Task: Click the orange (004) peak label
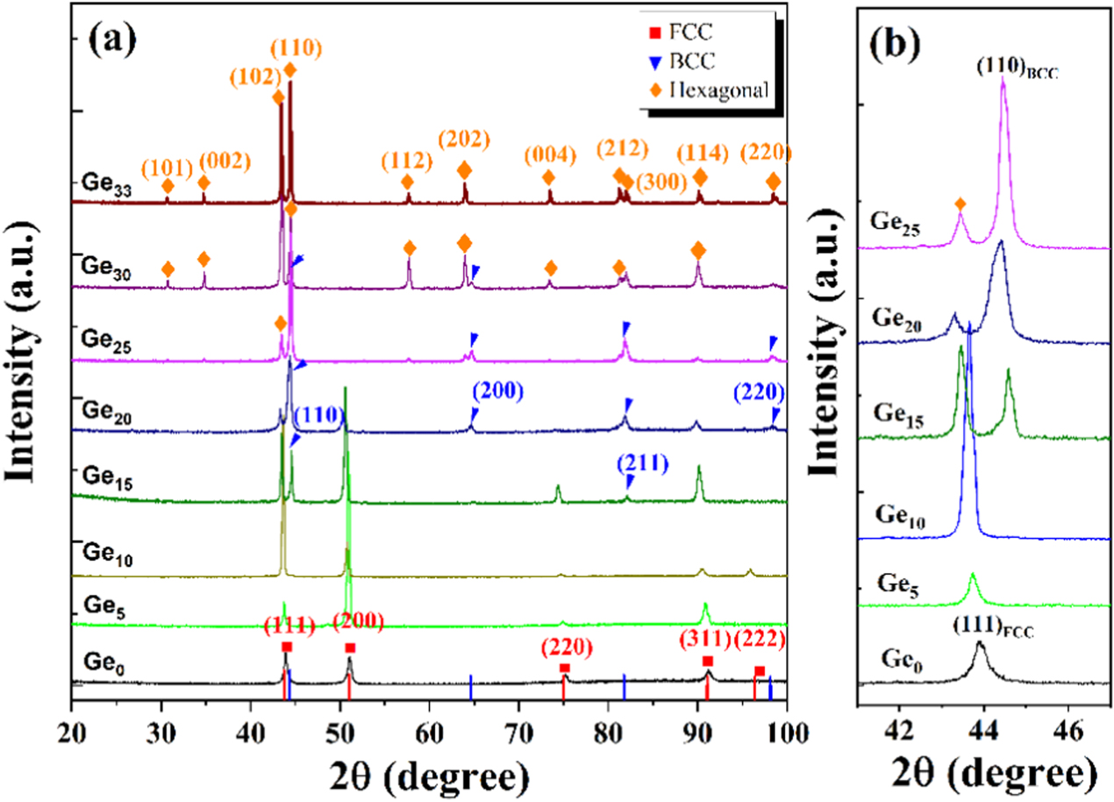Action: [549, 154]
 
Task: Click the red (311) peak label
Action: [707, 648]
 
